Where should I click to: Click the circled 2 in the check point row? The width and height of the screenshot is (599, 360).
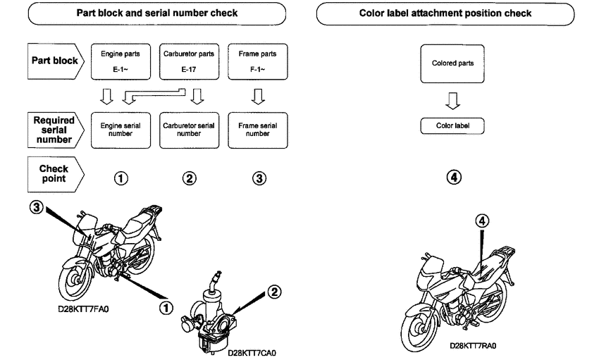pyautogui.click(x=189, y=179)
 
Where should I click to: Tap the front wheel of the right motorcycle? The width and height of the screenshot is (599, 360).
pyautogui.click(x=423, y=325)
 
